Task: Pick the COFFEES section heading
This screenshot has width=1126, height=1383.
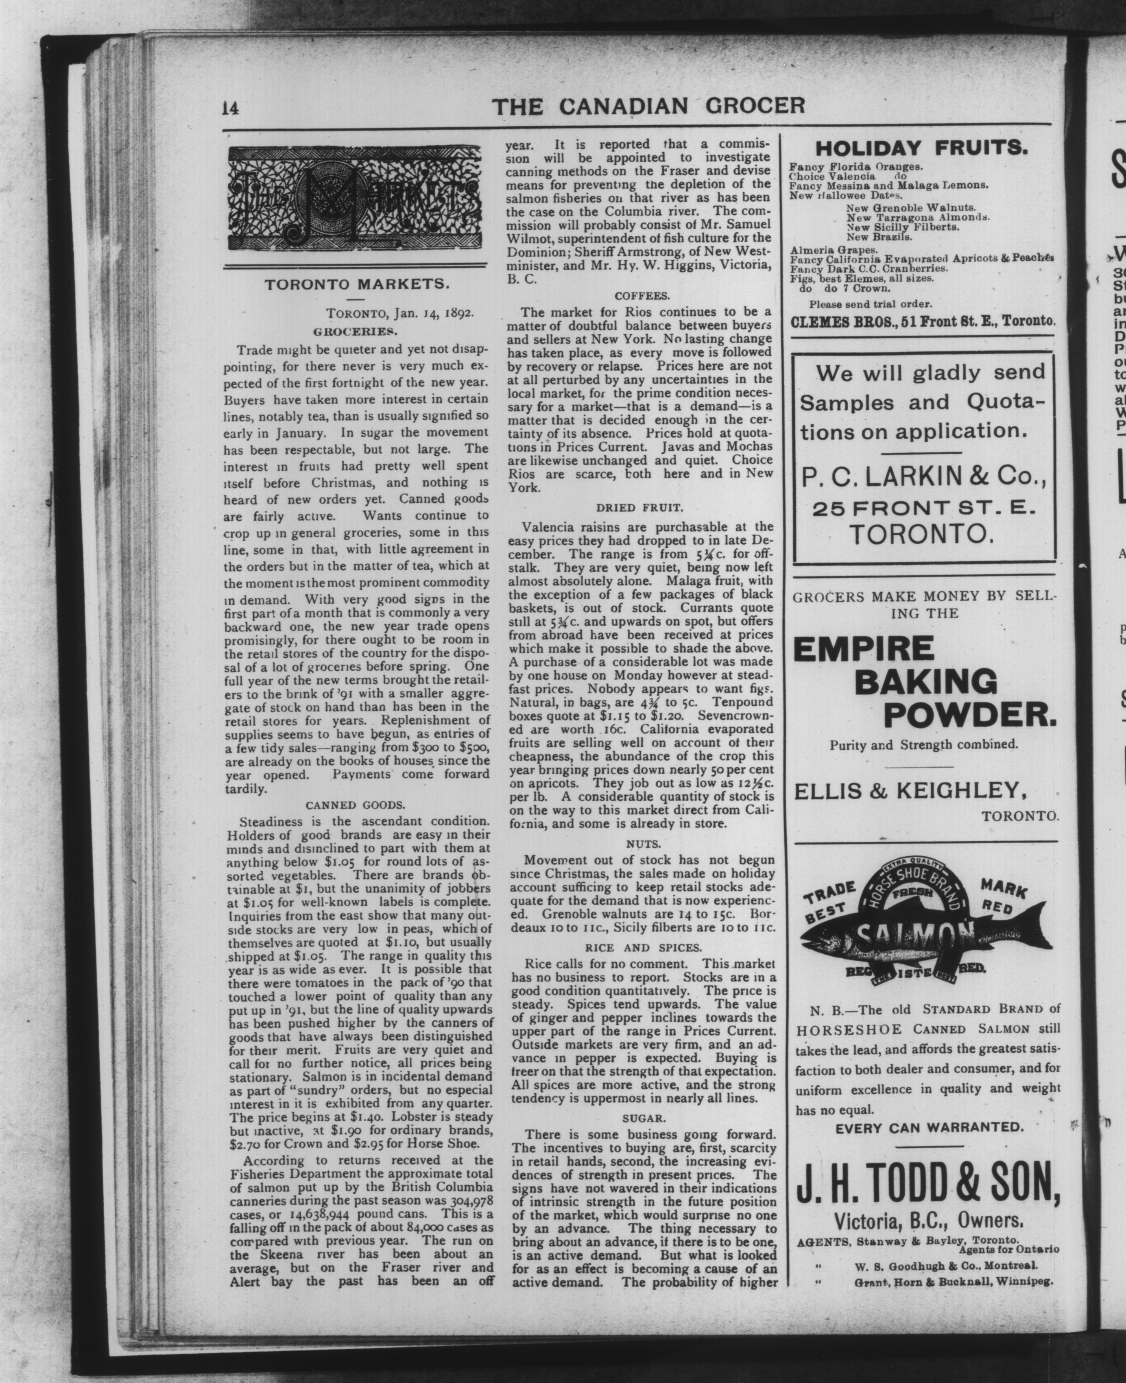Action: [x=642, y=296]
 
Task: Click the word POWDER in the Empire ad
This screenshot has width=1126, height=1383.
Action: [x=970, y=714]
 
